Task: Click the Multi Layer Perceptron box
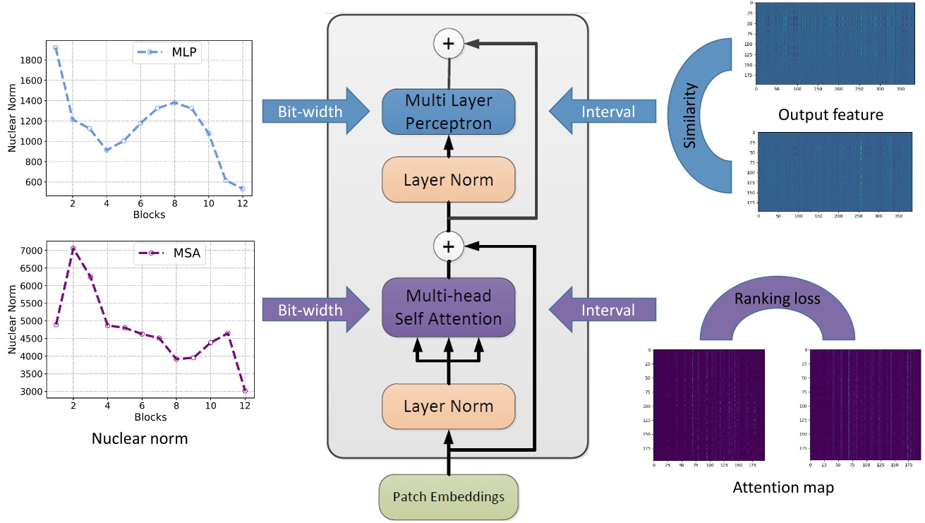[x=448, y=111]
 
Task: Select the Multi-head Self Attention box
[x=448, y=309]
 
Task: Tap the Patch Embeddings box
[x=448, y=496]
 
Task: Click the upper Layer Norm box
[x=448, y=180]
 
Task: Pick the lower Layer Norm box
[x=448, y=407]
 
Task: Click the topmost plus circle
[x=448, y=44]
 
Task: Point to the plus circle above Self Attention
[x=448, y=246]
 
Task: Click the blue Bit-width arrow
[x=315, y=112]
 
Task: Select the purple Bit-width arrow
[x=315, y=310]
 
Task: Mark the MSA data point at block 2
[x=73, y=248]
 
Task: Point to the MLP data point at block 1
[x=56, y=48]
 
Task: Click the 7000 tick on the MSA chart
[x=32, y=251]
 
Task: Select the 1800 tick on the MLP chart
[x=32, y=60]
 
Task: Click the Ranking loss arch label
[x=777, y=299]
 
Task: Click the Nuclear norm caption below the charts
[x=140, y=438]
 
